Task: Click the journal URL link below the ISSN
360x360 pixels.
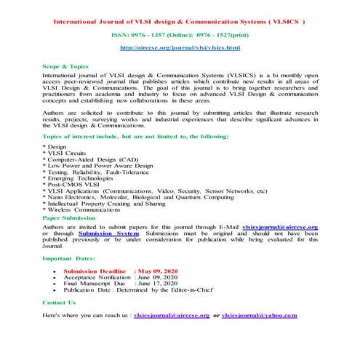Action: coord(179,48)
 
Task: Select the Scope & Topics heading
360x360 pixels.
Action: coord(66,66)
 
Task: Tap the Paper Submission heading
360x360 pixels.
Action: coord(70,218)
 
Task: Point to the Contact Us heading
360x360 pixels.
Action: coord(60,302)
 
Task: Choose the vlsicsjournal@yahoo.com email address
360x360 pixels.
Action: coord(260,316)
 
